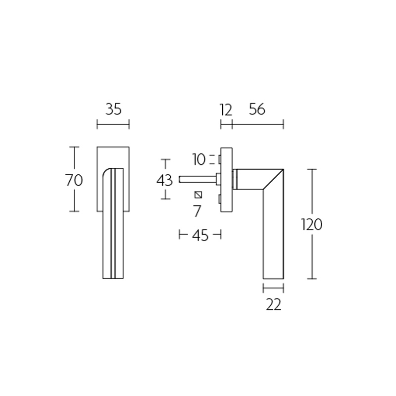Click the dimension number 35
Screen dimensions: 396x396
(113, 109)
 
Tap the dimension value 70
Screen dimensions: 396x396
(74, 180)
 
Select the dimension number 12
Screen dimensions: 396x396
(225, 109)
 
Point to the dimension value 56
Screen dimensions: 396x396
(257, 109)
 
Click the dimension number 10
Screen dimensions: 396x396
(199, 159)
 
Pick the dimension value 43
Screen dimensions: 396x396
(164, 180)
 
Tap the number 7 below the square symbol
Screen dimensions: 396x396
(197, 211)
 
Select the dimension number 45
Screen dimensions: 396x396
(200, 236)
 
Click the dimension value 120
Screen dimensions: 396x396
(312, 225)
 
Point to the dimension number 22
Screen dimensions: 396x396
(273, 305)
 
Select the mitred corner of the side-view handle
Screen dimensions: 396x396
(273, 179)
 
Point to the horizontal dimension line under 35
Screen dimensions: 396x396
(113, 124)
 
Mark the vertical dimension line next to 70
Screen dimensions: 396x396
(74, 198)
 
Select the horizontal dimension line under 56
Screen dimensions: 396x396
(257, 124)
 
